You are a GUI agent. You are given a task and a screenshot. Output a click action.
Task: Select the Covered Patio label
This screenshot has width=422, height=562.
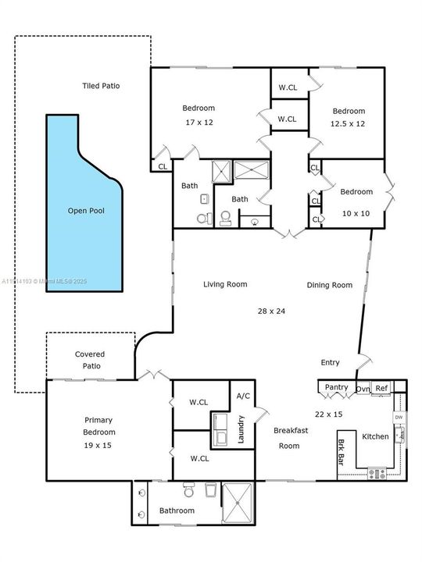90,359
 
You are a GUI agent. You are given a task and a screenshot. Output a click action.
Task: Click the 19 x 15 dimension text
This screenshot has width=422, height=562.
99,444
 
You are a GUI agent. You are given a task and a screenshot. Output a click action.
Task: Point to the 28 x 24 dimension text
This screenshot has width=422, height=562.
271,311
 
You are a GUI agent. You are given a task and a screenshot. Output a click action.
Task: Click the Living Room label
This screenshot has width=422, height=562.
225,285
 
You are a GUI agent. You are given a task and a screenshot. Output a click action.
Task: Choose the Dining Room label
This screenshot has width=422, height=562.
329,285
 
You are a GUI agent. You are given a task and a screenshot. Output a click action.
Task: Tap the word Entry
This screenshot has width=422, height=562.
331,362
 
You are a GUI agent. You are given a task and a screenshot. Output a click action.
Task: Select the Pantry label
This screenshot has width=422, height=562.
336,387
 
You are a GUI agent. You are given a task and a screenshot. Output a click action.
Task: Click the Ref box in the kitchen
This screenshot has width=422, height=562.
381,388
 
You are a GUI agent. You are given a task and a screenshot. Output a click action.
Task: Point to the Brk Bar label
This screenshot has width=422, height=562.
342,453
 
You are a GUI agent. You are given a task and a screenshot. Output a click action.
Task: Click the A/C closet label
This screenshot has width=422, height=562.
243,397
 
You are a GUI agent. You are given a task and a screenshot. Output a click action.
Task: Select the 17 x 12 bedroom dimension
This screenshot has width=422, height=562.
198,123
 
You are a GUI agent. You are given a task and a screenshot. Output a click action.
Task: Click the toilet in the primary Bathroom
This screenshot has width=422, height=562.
188,491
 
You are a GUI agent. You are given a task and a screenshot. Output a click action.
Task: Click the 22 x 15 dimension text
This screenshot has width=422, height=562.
328,414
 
